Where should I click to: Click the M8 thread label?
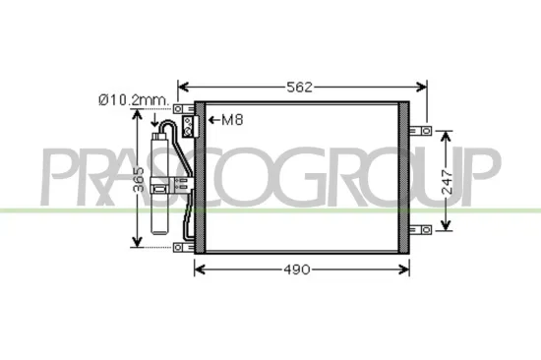pyautogui.click(x=231, y=121)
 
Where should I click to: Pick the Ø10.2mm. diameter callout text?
pyautogui.click(x=133, y=99)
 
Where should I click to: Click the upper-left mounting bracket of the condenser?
pyautogui.click(x=183, y=108)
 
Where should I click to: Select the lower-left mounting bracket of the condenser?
pyautogui.click(x=183, y=247)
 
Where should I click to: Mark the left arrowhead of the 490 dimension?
pyautogui.click(x=200, y=269)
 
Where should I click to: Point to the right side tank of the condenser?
pyautogui.click(x=404, y=177)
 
